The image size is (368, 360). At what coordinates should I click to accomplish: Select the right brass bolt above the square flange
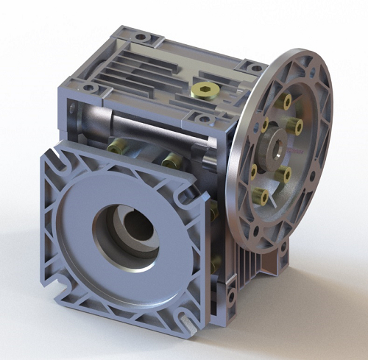[x=170, y=158]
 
